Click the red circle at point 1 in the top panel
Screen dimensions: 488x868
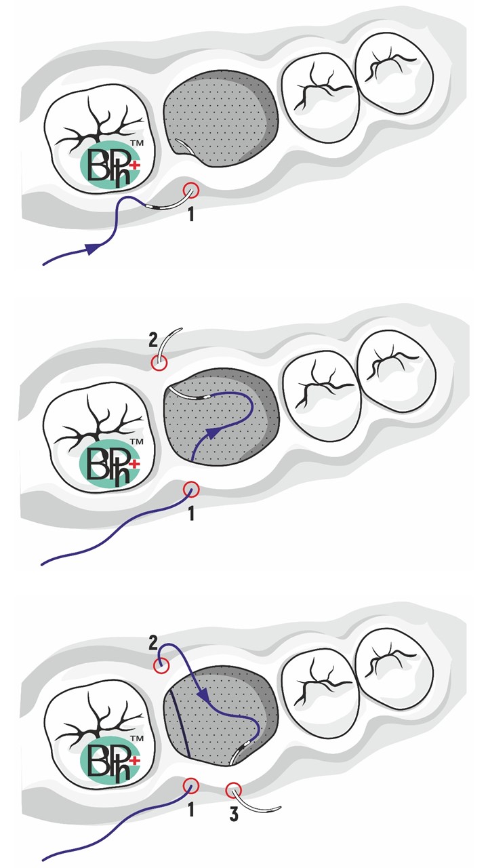(x=191, y=190)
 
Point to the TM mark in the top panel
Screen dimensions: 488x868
(x=137, y=143)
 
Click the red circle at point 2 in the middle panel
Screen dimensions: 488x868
(x=159, y=363)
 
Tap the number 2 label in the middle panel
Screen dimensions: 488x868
(x=153, y=340)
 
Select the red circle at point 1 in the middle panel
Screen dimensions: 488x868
(x=191, y=489)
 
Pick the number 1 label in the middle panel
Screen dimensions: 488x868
(x=191, y=514)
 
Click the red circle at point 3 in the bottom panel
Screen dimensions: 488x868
(x=234, y=787)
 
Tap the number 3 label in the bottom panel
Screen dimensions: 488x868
(x=234, y=814)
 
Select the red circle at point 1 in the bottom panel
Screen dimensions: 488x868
(x=191, y=786)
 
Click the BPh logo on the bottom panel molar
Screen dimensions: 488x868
(x=110, y=760)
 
